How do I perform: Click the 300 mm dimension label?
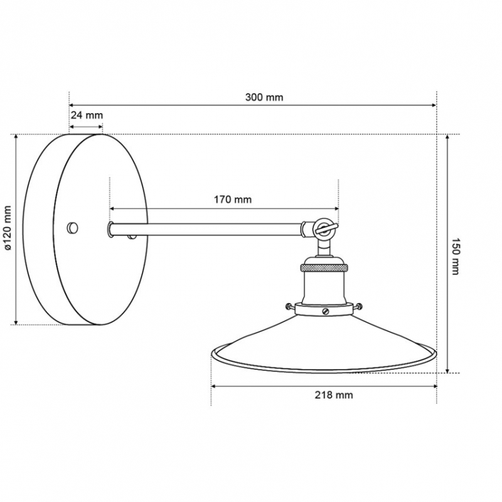point(264,97)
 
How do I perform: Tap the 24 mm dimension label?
point(87,115)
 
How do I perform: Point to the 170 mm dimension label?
point(233,200)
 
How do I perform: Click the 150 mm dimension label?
point(455,256)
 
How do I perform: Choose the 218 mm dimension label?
point(334,395)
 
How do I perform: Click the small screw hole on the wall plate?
point(72,228)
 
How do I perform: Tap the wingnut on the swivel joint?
point(326,228)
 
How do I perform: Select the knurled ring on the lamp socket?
point(324,267)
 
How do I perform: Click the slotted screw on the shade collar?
point(326,311)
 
